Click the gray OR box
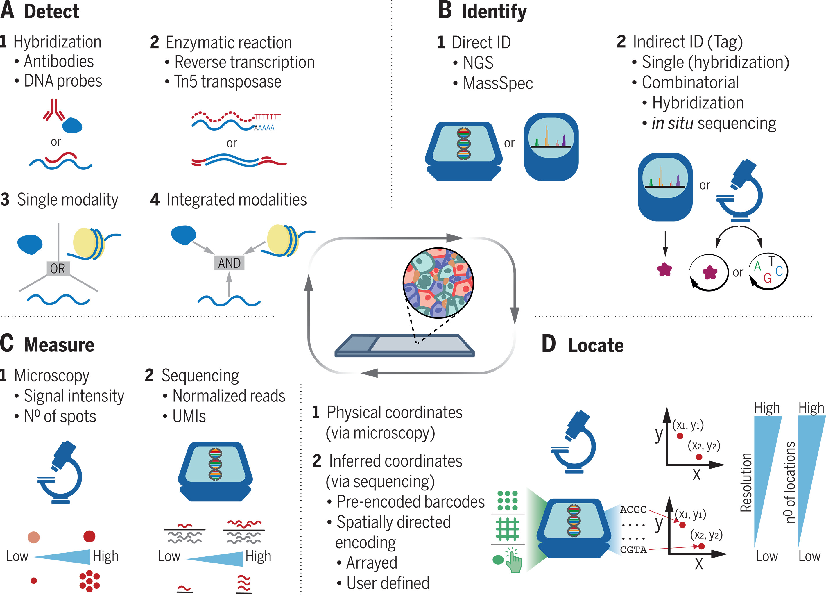(x=58, y=269)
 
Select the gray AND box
(x=229, y=263)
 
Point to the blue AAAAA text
(x=264, y=128)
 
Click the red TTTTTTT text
(x=268, y=117)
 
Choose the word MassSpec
(x=498, y=83)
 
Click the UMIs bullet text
(x=189, y=416)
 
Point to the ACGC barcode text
(x=633, y=509)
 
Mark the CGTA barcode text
(x=633, y=549)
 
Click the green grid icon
(x=507, y=529)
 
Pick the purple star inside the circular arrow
(x=709, y=272)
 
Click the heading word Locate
(x=596, y=345)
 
